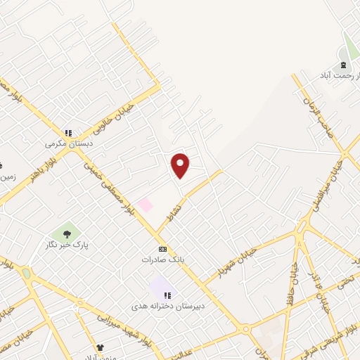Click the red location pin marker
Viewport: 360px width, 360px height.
[181, 166]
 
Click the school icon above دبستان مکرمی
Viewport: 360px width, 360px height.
[68, 132]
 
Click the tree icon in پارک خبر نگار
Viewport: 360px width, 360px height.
[67, 233]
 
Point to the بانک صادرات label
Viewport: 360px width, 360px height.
[162, 259]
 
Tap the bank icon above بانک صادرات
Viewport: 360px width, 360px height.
[162, 249]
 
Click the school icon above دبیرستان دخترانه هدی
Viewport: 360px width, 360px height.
[168, 295]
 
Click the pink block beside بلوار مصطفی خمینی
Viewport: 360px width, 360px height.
[145, 205]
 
